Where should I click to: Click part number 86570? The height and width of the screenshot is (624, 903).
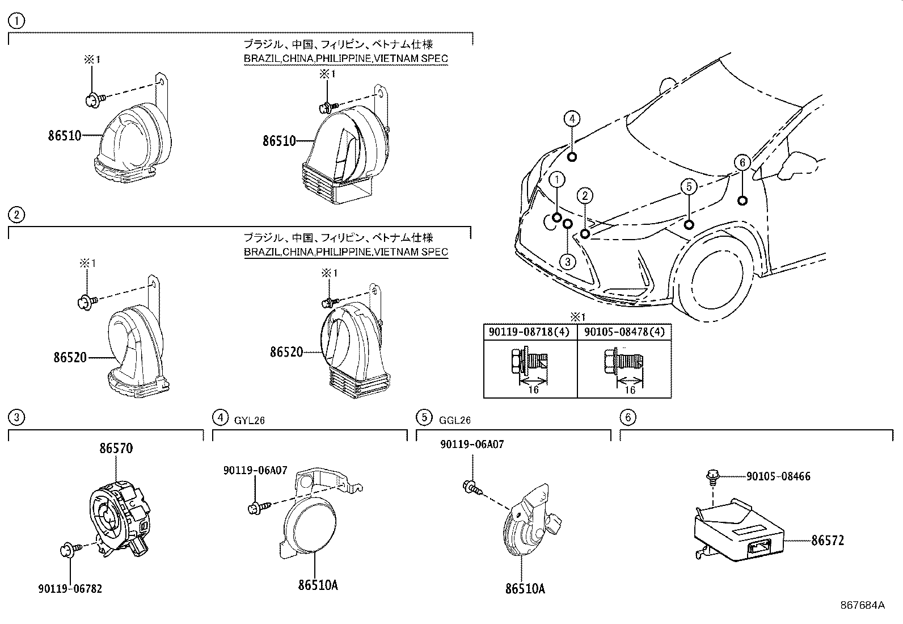point(116,448)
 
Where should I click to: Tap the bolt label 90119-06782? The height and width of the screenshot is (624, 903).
point(70,589)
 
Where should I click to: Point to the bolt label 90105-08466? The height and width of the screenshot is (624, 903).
point(778,476)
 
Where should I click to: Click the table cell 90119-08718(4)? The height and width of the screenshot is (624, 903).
point(530,331)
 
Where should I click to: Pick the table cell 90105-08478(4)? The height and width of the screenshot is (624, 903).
point(624,331)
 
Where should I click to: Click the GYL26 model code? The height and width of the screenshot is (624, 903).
point(250,420)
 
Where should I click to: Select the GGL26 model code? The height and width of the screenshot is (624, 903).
point(454,420)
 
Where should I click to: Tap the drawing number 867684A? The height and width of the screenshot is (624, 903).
point(862,605)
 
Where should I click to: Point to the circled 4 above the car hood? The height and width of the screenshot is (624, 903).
point(572,119)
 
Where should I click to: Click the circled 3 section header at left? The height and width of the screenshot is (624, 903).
point(17,417)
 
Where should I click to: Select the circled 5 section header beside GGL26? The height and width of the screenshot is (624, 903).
point(424,417)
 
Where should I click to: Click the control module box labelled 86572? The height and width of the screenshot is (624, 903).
point(737,531)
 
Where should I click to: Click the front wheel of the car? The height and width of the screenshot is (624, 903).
point(715,278)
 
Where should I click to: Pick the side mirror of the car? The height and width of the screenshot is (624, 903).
point(800,165)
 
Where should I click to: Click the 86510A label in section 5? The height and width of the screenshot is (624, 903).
point(525,589)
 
